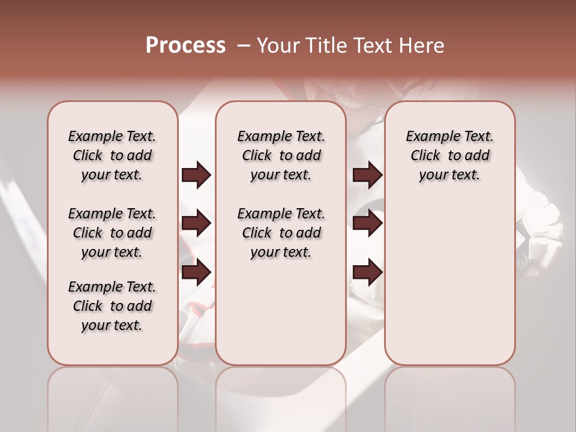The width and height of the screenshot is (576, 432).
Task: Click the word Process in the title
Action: click(185, 46)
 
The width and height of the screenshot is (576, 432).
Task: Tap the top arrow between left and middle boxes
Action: click(196, 175)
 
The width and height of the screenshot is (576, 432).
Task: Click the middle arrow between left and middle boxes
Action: click(196, 224)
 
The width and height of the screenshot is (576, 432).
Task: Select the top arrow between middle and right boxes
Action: click(367, 175)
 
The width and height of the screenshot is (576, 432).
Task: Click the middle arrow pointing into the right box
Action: click(367, 224)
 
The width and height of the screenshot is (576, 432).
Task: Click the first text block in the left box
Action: click(112, 155)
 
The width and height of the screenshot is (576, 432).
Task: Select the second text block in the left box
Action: click(112, 233)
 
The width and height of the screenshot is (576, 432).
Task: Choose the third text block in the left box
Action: click(112, 306)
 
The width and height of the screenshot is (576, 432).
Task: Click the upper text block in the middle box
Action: click(281, 155)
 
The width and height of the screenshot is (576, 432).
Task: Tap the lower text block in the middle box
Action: click(281, 233)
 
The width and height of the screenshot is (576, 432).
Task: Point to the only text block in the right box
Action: click(449, 155)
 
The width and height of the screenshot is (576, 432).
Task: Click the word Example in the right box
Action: click(428, 137)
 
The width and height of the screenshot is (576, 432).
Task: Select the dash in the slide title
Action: click(242, 46)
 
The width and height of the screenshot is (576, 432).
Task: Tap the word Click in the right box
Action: click(425, 156)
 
